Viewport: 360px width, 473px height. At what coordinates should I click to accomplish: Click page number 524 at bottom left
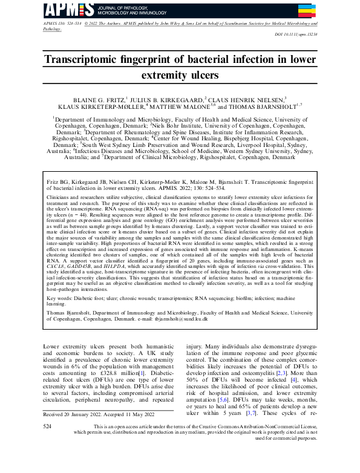point(47,443)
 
